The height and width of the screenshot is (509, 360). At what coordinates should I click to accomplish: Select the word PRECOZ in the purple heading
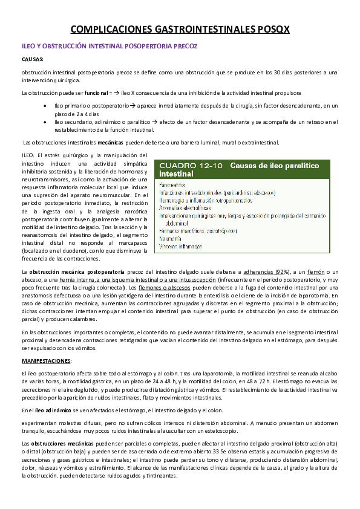click(x=183, y=46)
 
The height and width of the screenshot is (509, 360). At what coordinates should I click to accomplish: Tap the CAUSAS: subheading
click(x=32, y=60)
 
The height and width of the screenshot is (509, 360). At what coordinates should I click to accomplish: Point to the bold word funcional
click(x=96, y=94)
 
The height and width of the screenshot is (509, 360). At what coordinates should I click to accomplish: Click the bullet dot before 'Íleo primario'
click(x=46, y=106)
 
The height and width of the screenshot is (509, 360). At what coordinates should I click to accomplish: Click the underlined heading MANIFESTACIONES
click(x=46, y=360)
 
